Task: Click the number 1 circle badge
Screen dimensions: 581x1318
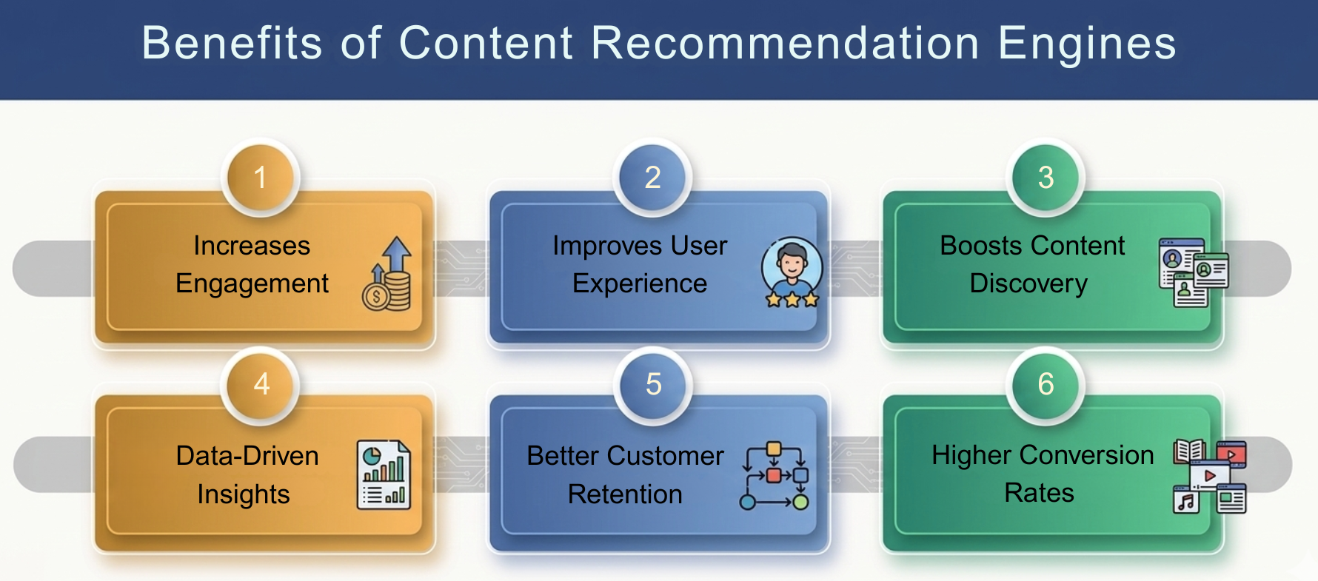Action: [260, 178]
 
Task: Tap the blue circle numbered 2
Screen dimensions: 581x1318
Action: [652, 178]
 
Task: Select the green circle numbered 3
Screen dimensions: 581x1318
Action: [1046, 178]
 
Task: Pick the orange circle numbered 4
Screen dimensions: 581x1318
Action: [261, 384]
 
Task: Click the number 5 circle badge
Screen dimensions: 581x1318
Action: [653, 384]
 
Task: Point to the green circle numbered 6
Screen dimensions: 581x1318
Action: [1046, 384]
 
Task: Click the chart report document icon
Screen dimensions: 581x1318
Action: [384, 475]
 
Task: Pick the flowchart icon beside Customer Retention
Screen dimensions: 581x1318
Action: [775, 476]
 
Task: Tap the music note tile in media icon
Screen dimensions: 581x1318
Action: [1186, 501]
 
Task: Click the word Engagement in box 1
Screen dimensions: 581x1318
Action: [252, 283]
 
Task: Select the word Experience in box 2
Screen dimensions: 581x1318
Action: [640, 283]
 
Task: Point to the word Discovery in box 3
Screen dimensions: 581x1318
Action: [1028, 283]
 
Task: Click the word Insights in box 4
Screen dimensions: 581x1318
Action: [243, 494]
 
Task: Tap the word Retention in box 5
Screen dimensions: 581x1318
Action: [625, 494]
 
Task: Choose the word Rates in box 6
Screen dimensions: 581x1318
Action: [1039, 493]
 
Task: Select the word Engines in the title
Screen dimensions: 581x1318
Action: [1087, 43]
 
